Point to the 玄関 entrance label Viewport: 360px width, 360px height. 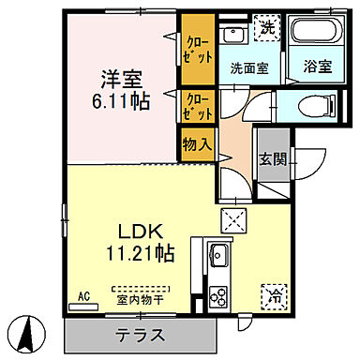click(x=273, y=160)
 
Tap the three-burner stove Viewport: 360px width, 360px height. click(x=219, y=295)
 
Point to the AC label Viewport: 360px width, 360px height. click(x=82, y=297)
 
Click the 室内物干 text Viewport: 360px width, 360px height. click(x=141, y=300)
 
